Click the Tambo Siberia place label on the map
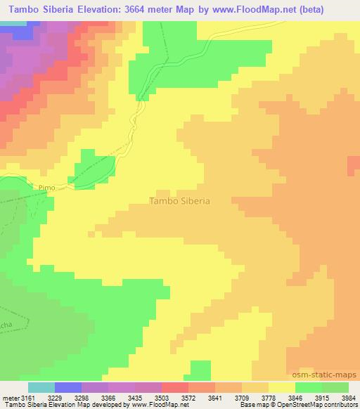coord(180,200)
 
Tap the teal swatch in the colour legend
coord(41,387)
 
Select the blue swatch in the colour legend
coord(68,387)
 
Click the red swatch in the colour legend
coord(175,387)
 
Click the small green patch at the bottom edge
coord(200,370)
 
